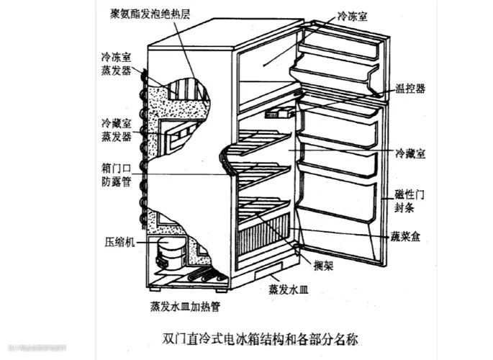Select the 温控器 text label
click(410, 89)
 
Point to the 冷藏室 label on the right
click(410, 154)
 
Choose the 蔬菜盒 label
click(405, 235)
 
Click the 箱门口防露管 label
click(115, 174)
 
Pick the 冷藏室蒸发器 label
click(116, 130)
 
